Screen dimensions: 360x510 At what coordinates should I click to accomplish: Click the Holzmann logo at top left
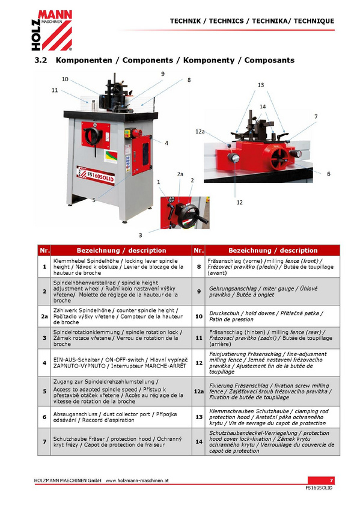[52, 30]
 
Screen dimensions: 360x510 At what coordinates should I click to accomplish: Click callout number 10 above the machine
[65, 79]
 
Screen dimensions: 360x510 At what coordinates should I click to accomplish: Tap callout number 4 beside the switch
[166, 143]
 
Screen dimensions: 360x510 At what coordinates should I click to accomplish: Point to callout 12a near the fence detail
[200, 131]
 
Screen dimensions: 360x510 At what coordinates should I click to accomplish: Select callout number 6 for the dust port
[329, 174]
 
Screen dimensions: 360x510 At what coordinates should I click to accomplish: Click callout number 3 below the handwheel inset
[141, 235]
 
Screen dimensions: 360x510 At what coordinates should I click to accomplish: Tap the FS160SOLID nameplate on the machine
[96, 176]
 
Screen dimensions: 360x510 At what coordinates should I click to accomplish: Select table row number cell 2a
[44, 316]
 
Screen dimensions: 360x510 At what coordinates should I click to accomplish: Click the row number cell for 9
[199, 292]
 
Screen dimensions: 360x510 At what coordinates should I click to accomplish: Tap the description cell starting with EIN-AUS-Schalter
[121, 363]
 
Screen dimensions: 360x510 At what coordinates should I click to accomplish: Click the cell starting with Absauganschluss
[121, 417]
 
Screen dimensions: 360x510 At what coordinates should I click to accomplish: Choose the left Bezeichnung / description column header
[121, 250]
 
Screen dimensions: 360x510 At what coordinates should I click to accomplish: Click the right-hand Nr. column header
[199, 250]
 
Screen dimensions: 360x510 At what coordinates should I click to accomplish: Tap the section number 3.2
[41, 60]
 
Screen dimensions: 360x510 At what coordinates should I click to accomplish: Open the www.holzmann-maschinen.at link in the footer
[137, 481]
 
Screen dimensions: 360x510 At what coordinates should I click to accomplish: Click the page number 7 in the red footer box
[331, 481]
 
